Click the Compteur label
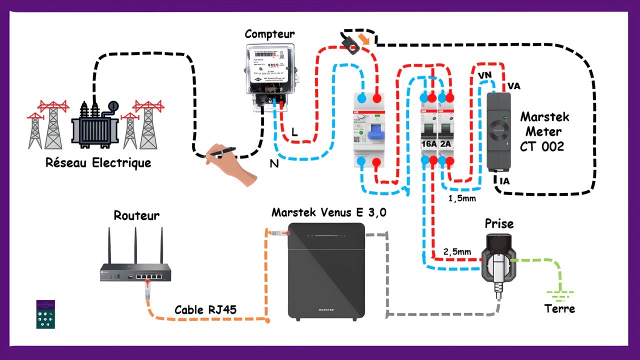(x=269, y=34)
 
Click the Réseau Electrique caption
(x=98, y=163)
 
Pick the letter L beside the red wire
(x=294, y=131)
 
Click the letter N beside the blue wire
(x=274, y=163)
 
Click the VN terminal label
(x=484, y=75)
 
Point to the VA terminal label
(x=513, y=86)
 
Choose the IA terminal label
(x=504, y=181)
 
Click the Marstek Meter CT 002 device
(x=498, y=131)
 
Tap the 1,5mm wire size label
(x=462, y=198)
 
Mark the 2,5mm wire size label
(x=457, y=251)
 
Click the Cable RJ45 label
(x=205, y=310)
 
